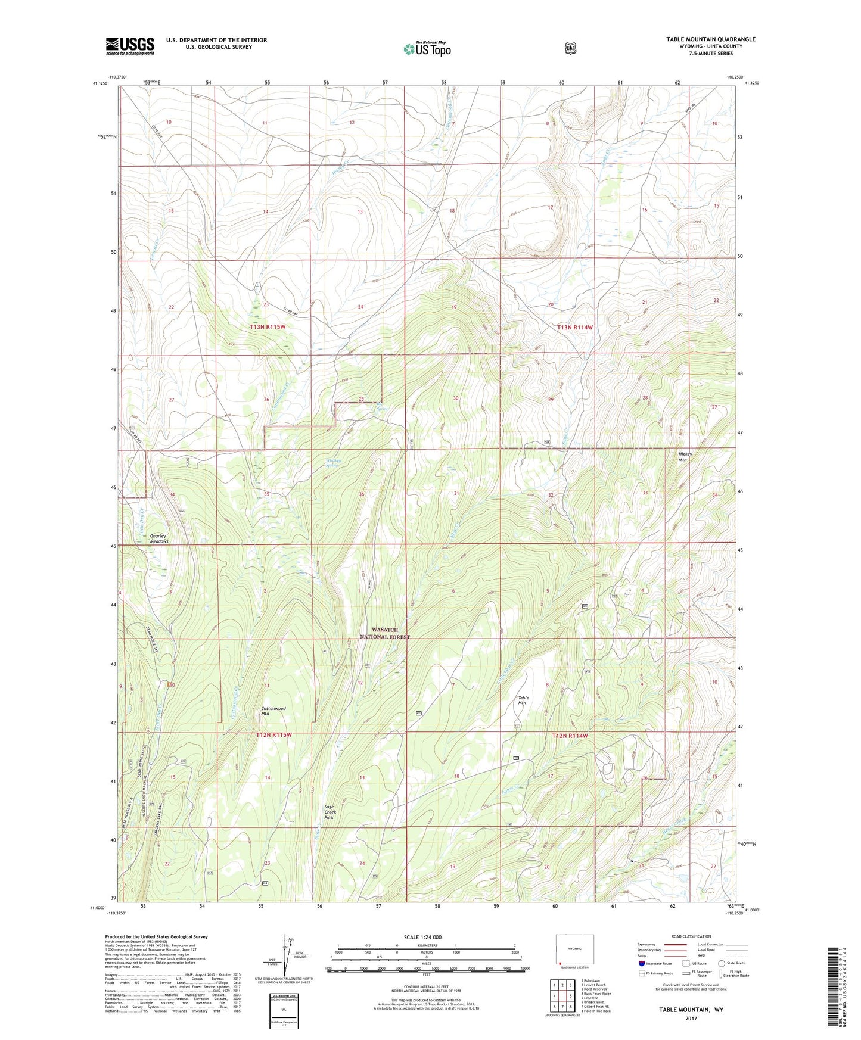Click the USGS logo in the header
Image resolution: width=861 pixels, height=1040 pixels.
pyautogui.click(x=130, y=46)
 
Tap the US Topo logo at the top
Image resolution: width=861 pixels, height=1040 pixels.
pyautogui.click(x=426, y=49)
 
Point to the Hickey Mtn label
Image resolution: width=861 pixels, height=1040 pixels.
pyautogui.click(x=683, y=457)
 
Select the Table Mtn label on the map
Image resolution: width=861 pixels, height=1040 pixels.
pyautogui.click(x=523, y=700)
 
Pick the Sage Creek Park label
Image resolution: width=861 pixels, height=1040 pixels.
pyautogui.click(x=330, y=812)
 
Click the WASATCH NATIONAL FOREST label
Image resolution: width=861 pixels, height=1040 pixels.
pyautogui.click(x=384, y=633)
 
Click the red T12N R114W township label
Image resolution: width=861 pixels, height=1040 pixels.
pyautogui.click(x=570, y=736)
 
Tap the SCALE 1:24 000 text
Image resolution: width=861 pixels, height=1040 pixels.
pyautogui.click(x=422, y=937)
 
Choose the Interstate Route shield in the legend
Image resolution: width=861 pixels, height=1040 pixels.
pyautogui.click(x=641, y=963)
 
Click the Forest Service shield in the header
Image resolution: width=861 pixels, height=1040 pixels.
pyautogui.click(x=571, y=48)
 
